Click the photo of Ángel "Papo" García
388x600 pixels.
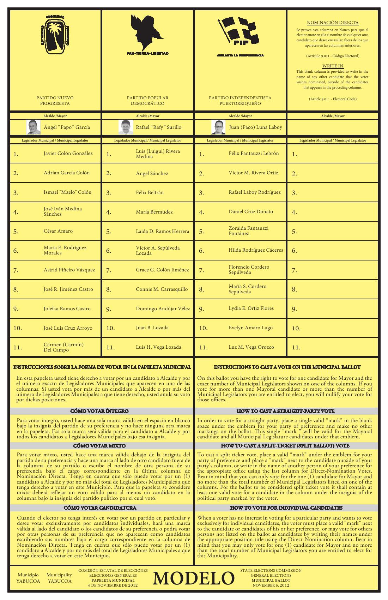point(34,127)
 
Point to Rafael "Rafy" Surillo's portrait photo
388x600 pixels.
point(125,127)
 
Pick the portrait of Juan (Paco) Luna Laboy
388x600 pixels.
point(218,127)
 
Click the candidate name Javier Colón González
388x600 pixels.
point(68,154)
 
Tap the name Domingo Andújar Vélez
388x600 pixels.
point(163,309)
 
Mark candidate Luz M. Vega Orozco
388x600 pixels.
point(251,347)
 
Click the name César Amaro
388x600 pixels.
point(58,231)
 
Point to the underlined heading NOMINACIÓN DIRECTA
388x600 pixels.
point(333,23)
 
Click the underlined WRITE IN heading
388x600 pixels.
point(333,66)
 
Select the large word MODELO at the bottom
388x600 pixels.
point(194,578)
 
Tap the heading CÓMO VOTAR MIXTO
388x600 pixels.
point(99,446)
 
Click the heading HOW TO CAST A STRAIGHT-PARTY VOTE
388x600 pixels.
point(285,411)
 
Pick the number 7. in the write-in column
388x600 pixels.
point(295,271)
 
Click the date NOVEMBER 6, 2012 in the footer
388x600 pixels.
point(271,585)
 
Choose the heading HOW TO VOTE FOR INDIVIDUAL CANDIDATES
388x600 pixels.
point(286,508)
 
